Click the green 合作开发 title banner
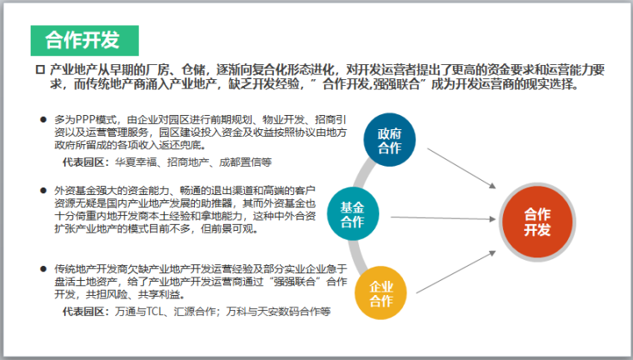[82, 39]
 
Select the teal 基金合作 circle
[352, 214]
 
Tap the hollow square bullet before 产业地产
[38, 69]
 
